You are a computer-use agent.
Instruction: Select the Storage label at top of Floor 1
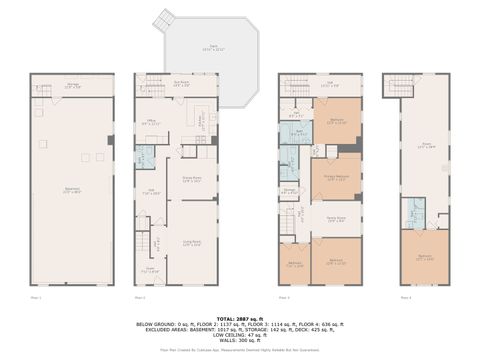[72, 86]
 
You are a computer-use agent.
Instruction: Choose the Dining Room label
[193, 180]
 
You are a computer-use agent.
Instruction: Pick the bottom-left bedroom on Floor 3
[295, 264]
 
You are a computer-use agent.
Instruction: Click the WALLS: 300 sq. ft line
[240, 339]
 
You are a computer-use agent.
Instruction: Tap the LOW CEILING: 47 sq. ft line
[240, 333]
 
